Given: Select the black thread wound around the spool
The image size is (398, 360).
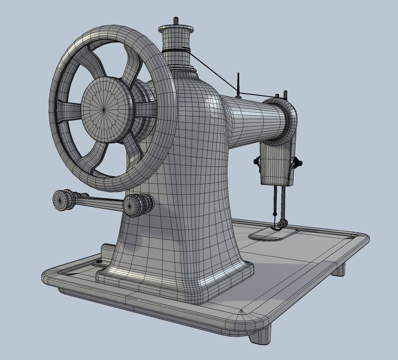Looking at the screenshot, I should (176, 51).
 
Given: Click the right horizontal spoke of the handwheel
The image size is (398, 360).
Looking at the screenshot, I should (145, 109).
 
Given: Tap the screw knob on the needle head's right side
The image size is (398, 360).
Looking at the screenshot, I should (297, 163).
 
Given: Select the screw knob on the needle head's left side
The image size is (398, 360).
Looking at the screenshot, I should (257, 162).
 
